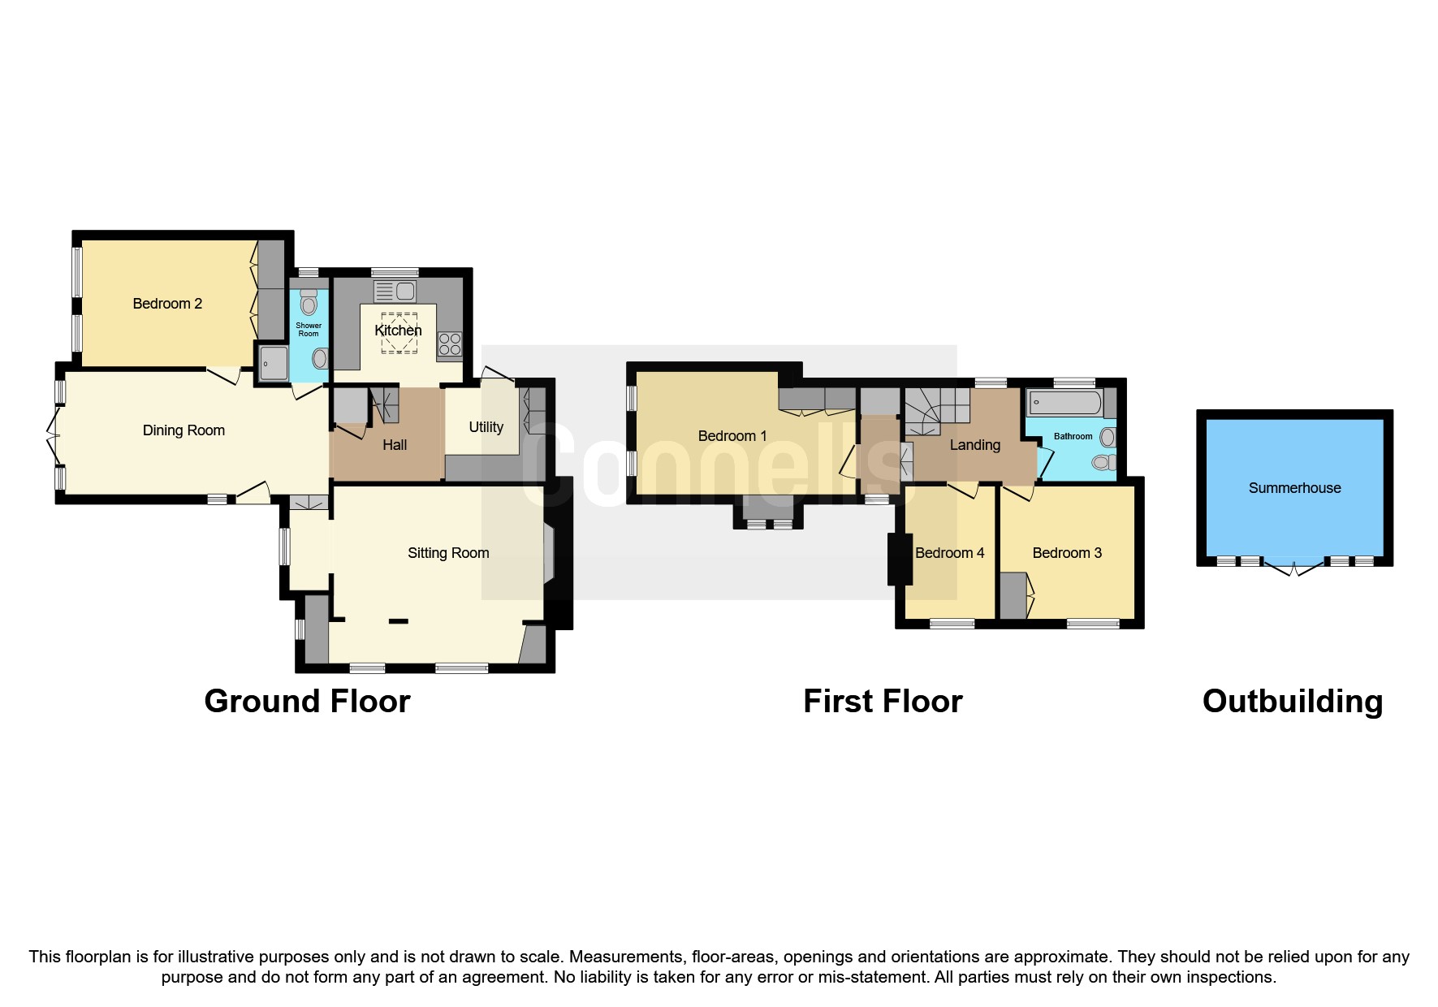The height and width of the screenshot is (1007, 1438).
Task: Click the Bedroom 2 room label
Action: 167,304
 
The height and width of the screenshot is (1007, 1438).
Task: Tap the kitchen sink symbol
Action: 395,291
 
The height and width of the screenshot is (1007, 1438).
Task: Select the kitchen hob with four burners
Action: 450,344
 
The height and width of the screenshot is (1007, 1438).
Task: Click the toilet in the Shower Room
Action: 308,304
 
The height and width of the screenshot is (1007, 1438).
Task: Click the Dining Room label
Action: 184,430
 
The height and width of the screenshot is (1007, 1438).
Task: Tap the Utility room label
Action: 486,427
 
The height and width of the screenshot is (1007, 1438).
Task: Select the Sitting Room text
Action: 448,553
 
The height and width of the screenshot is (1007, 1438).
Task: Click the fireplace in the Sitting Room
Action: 549,554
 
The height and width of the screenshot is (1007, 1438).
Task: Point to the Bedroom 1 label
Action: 732,436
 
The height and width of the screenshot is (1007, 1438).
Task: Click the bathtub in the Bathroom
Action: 1064,402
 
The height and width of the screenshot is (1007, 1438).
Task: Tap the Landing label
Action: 974,445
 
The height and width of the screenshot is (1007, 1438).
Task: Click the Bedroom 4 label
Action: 949,553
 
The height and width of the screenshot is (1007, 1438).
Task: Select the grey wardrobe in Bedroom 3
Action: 1013,596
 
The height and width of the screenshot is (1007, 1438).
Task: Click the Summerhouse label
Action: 1294,488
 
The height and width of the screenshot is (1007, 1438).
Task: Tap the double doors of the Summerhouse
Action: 1294,568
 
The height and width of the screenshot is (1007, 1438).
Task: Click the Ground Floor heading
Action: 307,701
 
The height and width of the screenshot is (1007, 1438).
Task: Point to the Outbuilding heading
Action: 1292,701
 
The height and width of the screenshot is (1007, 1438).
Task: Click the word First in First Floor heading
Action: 839,701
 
